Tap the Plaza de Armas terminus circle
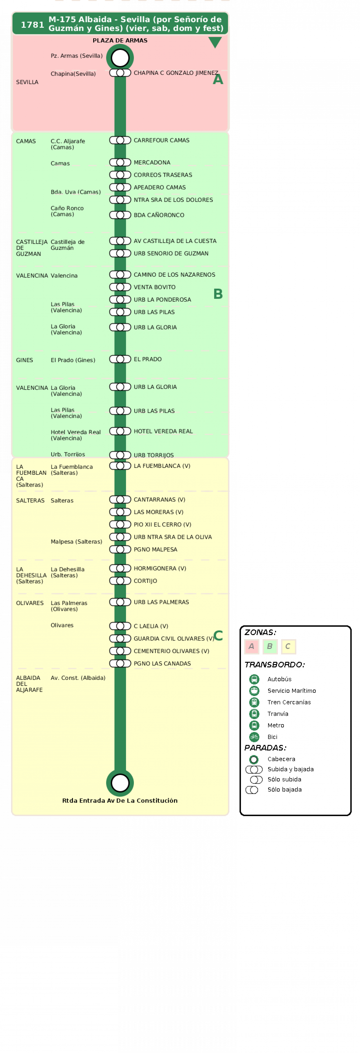pos(120,58)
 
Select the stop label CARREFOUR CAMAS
pos(161,140)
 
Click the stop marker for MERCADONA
pos(120,162)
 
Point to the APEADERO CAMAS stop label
pos(160,187)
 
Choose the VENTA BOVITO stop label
pos(154,287)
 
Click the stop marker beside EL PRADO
pos(120,359)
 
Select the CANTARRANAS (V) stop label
pos(159,499)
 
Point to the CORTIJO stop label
pos(145,581)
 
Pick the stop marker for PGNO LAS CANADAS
pos(120,663)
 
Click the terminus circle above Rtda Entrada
pos(120,783)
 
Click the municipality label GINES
pos(24,360)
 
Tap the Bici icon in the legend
pos(254,736)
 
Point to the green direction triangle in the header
pos(215,42)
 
